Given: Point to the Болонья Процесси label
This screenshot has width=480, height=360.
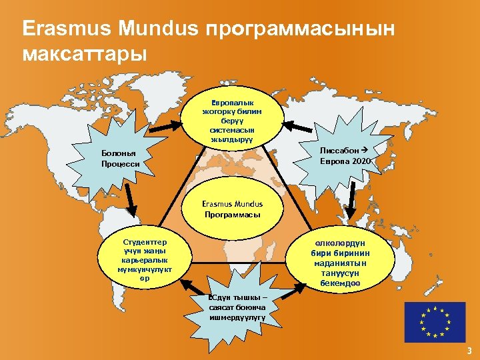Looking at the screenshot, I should pos(121,158).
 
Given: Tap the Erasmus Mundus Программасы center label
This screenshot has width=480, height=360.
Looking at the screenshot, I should pos(233,209).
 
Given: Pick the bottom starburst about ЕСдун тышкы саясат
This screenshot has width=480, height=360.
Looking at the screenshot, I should pos(237,307).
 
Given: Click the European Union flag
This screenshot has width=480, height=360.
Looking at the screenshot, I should pos(435,322).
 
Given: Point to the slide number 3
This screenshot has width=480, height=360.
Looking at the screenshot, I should pos(469,351).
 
